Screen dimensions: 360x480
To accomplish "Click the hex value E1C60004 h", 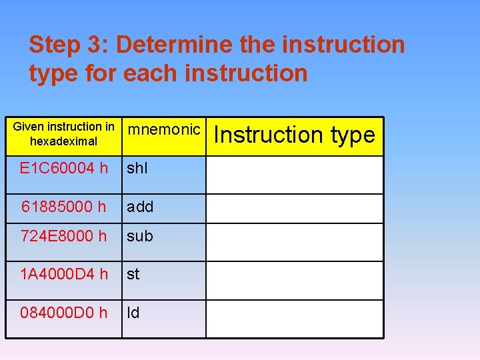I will coord(64,169).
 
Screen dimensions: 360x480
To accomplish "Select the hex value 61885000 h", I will coord(63,207).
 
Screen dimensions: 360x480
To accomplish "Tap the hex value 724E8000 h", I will coord(63,236).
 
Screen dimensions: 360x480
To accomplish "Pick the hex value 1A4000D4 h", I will coord(63,274).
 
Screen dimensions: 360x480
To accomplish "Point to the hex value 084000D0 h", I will coord(63,313).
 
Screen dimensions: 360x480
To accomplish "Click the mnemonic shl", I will coord(137,169).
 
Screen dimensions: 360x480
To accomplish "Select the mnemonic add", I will coord(140,207).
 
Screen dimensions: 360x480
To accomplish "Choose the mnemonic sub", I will coord(140,236).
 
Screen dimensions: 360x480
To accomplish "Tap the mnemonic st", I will coord(133,274).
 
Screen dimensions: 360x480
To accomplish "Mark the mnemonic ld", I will coord(133,313).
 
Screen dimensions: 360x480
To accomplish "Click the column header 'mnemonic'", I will coord(163,130).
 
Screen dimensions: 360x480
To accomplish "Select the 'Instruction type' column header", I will coord(295,135).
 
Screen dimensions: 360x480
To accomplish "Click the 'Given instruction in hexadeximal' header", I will coord(64,134).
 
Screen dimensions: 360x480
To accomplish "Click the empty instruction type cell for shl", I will coord(294,175).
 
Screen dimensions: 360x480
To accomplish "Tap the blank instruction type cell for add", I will coord(294,208).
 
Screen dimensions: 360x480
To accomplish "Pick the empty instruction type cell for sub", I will coord(294,241).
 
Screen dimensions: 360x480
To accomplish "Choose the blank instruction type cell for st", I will coord(294,280).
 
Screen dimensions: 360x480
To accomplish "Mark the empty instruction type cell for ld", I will coord(294,319).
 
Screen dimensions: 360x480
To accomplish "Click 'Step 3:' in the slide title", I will coord(69,45).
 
